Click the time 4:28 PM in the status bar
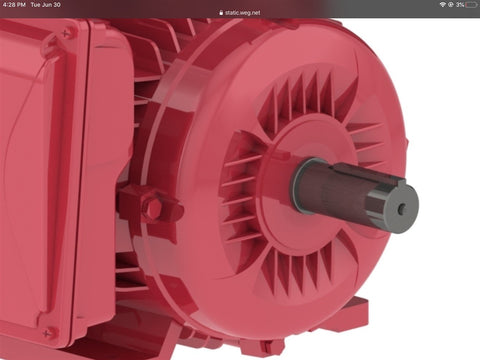point(14,5)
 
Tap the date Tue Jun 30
point(45,5)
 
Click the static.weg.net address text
point(242,13)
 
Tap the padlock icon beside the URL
point(221,13)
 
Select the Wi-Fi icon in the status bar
point(443,5)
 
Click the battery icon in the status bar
point(472,5)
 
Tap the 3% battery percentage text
point(460,5)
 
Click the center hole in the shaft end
point(402,208)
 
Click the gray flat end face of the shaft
point(401,208)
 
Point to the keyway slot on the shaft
point(367,173)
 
